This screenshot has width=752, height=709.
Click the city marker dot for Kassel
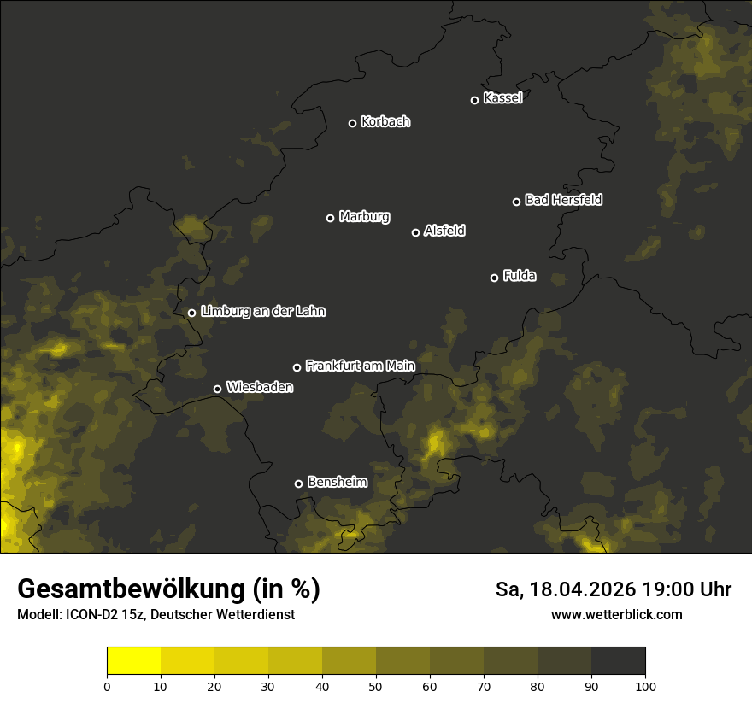[475, 100]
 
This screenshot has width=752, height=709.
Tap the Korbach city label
[385, 122]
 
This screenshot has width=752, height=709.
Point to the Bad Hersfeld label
[563, 200]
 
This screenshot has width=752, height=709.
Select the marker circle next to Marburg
[331, 218]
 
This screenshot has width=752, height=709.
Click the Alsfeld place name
[444, 231]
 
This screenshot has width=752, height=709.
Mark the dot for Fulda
[494, 278]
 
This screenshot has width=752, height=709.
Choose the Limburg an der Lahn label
[262, 312]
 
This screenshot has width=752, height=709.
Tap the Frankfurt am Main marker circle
[297, 367]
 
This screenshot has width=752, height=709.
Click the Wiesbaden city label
[259, 388]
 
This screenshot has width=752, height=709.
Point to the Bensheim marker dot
[298, 483]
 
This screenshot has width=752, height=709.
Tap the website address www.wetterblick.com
[616, 614]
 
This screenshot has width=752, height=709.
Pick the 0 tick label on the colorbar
[107, 685]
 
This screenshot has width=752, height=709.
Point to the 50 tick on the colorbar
[376, 685]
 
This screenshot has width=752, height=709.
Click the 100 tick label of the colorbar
[645, 685]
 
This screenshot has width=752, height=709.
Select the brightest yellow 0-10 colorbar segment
[134, 661]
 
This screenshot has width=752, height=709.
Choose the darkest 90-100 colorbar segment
[618, 661]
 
